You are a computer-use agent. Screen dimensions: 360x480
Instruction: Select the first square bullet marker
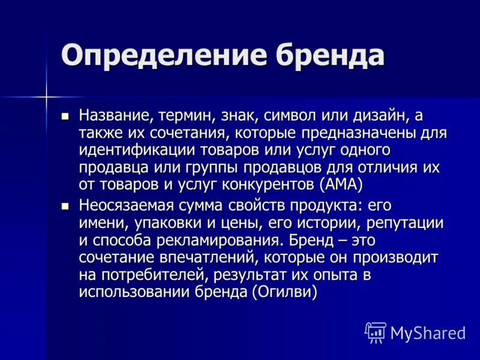(66, 114)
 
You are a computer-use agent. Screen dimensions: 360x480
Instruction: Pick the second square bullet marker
(66, 205)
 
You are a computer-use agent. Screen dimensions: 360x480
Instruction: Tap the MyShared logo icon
(375, 332)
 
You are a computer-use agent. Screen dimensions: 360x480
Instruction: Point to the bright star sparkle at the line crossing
(46, 95)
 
